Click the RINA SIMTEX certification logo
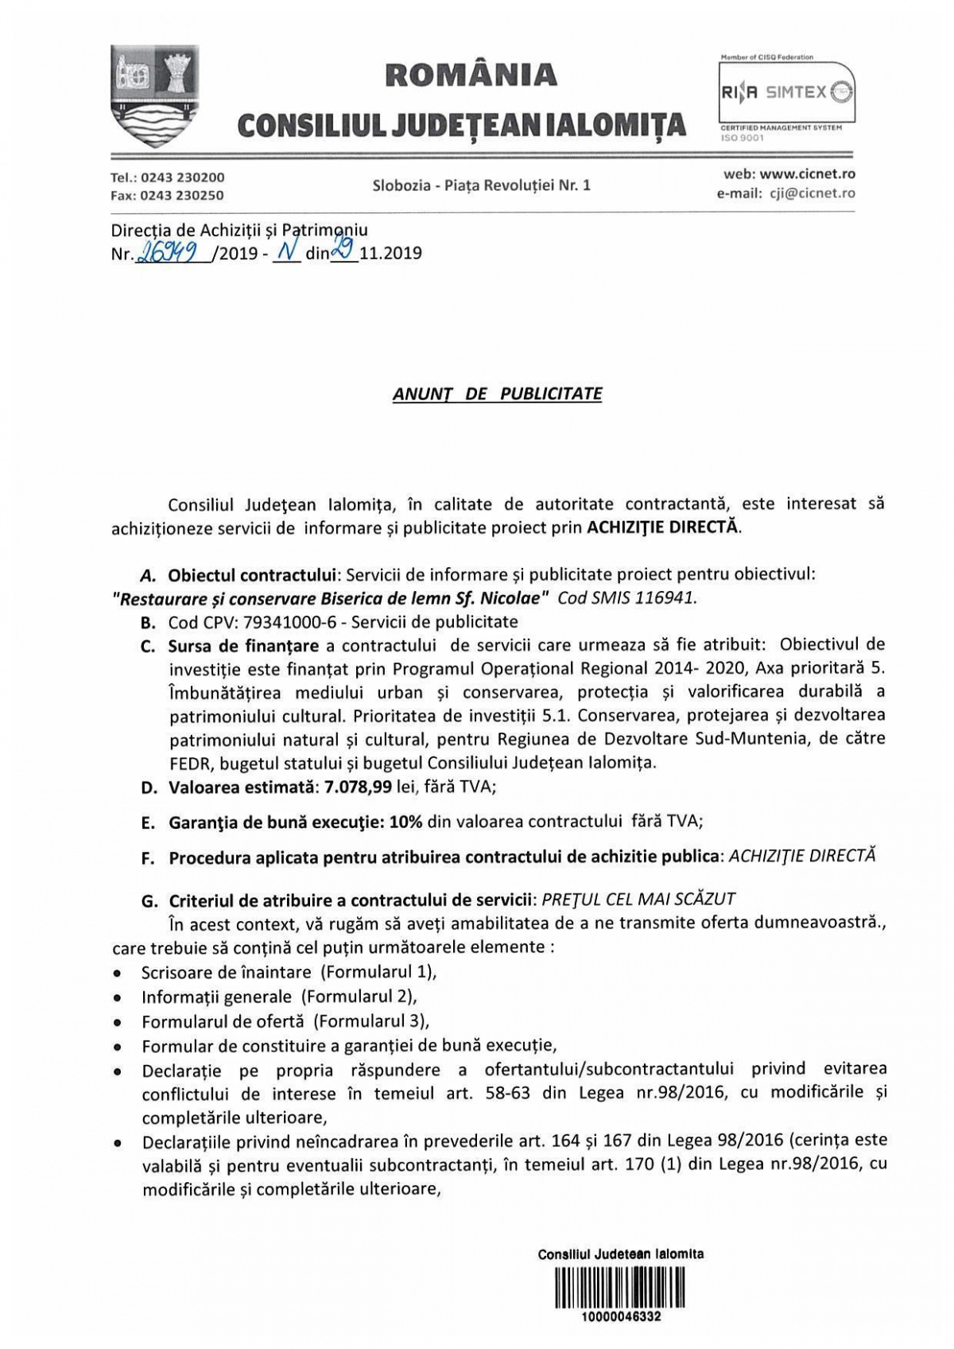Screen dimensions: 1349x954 (x=786, y=93)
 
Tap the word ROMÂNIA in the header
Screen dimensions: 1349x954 (x=471, y=74)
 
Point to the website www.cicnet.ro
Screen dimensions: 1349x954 (x=808, y=173)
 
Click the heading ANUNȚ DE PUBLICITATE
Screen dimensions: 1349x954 (x=498, y=394)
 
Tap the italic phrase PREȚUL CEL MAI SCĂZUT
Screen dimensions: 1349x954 (x=638, y=899)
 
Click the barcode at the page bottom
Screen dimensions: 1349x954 (x=620, y=1287)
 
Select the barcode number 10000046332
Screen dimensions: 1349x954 (x=621, y=1316)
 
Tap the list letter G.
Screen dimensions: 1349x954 (x=149, y=900)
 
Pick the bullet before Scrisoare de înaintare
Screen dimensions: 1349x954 (x=118, y=972)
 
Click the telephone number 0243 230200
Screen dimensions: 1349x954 (x=182, y=177)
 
